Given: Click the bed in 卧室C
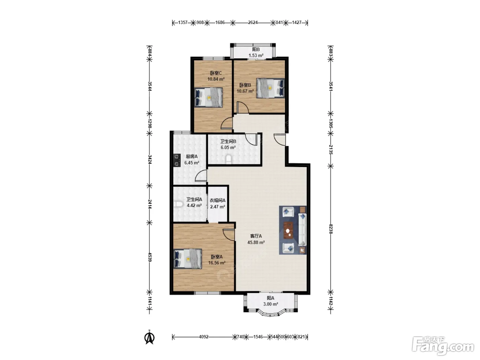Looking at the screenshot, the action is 208,97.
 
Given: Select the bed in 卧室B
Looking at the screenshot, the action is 271,88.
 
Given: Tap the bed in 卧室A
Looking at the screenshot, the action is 188,259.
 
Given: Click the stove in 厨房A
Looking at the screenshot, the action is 177,160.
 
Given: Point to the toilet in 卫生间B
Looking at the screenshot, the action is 228,159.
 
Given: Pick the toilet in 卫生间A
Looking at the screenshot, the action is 178,204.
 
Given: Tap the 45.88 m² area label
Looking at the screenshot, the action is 256,242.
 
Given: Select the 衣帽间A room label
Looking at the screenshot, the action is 217,200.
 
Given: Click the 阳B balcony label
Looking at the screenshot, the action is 256,50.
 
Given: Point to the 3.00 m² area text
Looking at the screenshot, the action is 271,304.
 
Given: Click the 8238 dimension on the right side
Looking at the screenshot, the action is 331,229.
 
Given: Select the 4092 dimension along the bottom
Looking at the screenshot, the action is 204,337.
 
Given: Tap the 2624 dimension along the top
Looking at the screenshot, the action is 253,22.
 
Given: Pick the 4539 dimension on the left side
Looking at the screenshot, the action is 149,257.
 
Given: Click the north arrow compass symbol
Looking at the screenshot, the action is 149,338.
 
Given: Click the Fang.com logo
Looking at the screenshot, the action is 443,346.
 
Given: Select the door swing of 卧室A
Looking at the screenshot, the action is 229,235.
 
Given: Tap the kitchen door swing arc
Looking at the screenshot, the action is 201,176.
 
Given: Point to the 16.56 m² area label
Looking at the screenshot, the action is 217,263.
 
